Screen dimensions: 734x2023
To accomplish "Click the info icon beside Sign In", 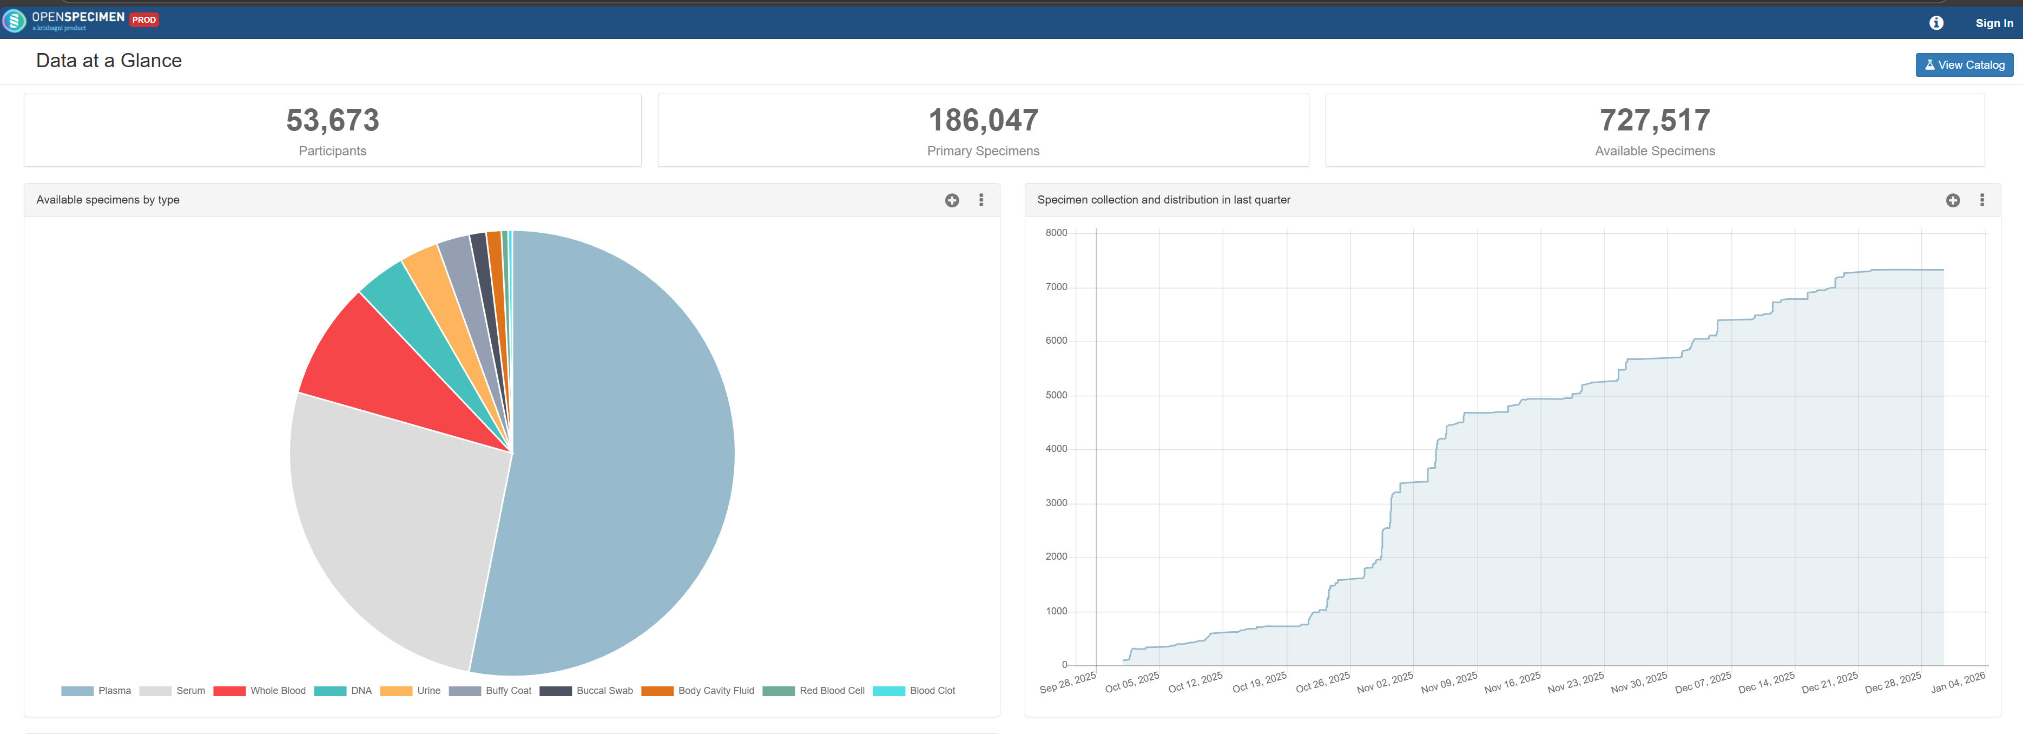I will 1936,23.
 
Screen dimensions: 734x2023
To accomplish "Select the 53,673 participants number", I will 332,120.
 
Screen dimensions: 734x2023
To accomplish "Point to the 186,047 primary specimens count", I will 983,120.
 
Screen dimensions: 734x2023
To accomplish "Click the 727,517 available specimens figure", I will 1654,120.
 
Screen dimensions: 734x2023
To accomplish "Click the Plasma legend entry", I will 97,691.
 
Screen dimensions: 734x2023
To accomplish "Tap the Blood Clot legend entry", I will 914,691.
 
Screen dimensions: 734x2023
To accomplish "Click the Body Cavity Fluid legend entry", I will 697,691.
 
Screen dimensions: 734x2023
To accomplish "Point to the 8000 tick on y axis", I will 1056,233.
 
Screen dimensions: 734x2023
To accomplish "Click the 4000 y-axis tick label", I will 1056,449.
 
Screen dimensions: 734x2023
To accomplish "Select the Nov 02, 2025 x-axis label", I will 1385,682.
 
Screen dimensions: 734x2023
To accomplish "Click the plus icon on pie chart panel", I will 952,200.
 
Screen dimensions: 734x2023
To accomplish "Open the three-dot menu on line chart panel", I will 1981,200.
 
